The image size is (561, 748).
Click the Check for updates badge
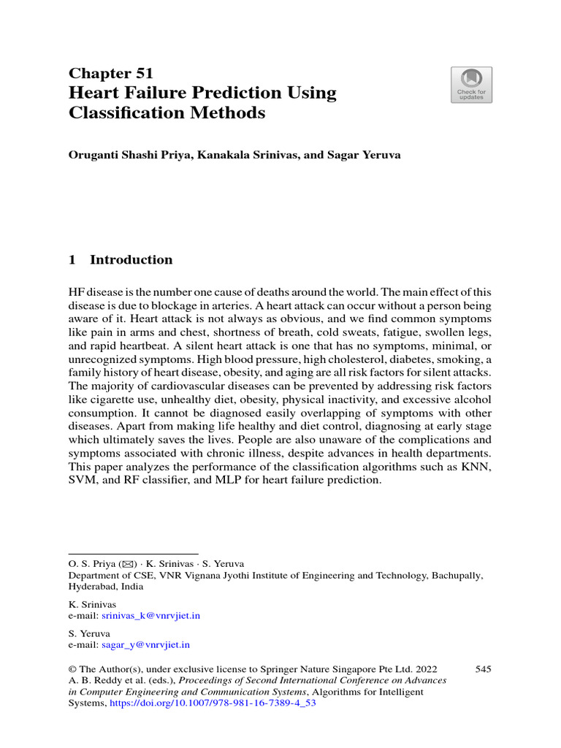tap(471, 85)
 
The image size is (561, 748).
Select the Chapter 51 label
tap(110, 73)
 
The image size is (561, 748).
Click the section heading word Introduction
tap(131, 259)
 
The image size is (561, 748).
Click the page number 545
tap(483, 668)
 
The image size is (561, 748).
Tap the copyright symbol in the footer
tap(72, 668)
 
